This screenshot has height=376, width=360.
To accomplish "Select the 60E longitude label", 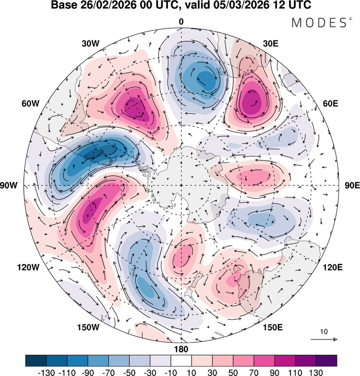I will point(330,104).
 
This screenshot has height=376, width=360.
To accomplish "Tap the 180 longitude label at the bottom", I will point(181,349).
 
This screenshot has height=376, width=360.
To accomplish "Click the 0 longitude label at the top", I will point(181,22).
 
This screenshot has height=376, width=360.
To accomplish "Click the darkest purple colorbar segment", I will point(326,360).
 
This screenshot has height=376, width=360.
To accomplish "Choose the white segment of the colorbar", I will point(181,360).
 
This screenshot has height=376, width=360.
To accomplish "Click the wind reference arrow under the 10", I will point(324,340).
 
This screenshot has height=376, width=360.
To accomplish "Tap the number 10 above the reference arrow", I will point(324,332).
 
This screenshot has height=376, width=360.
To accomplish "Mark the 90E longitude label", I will point(352,185).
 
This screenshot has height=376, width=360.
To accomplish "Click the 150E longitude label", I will point(272,327).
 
